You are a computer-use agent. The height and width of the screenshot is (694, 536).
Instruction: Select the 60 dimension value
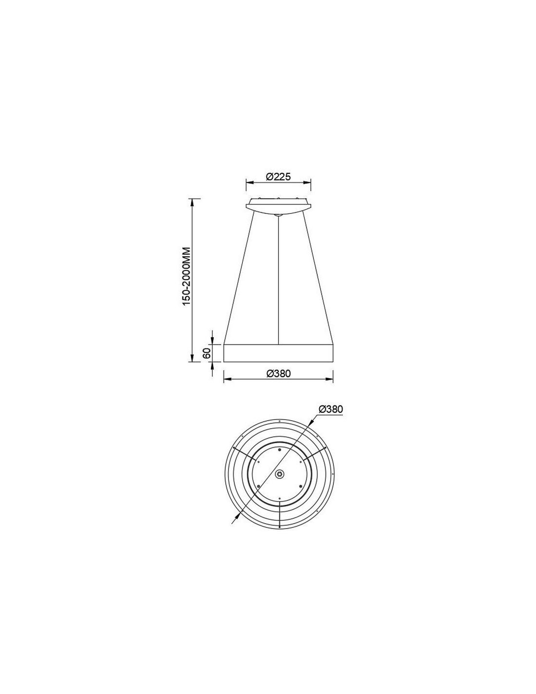click(x=207, y=353)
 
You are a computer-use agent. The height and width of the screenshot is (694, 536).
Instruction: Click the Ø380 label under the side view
click(x=278, y=373)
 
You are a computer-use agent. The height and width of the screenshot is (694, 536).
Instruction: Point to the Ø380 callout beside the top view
click(x=330, y=409)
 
